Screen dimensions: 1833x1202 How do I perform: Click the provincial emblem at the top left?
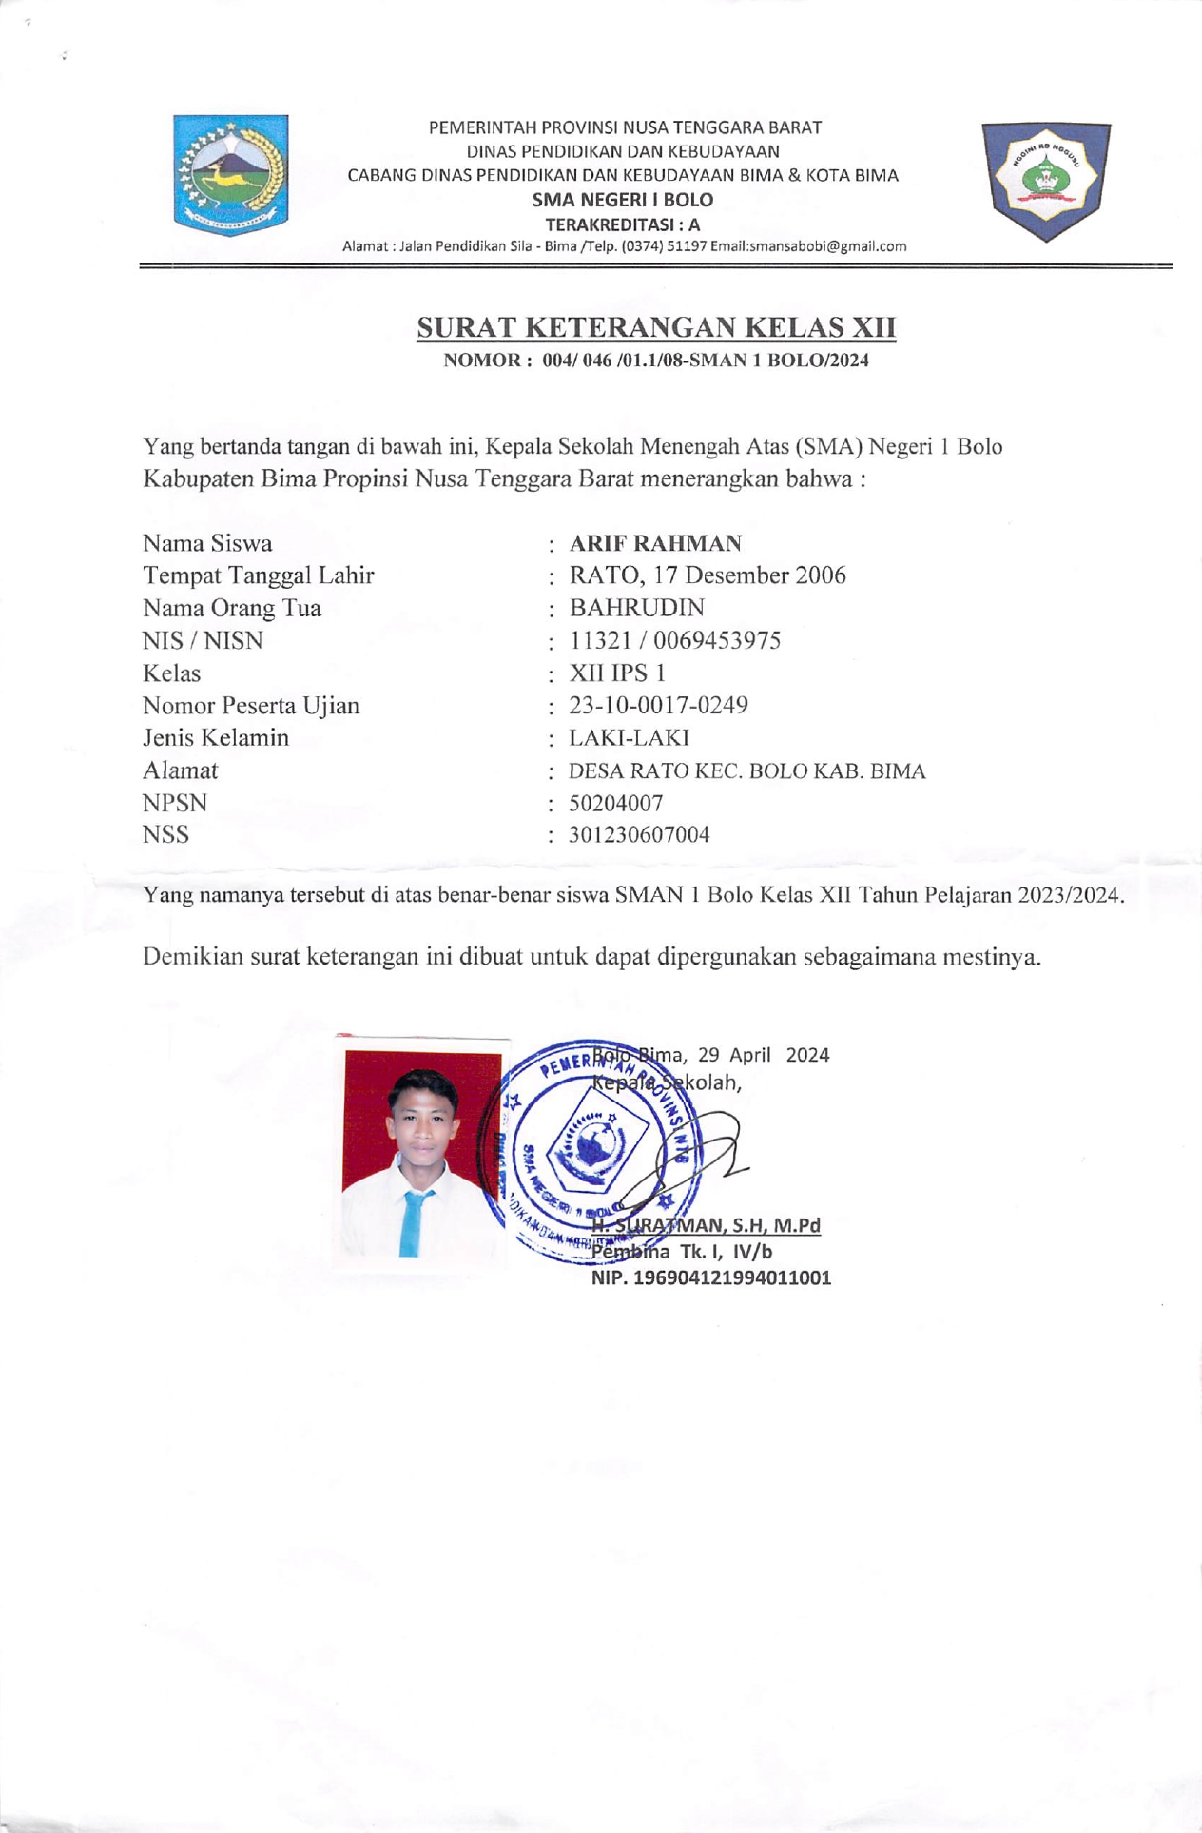pyautogui.click(x=230, y=175)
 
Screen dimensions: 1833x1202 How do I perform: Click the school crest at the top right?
pyautogui.click(x=1046, y=180)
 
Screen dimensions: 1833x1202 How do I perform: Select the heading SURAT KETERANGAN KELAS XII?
pyautogui.click(x=656, y=328)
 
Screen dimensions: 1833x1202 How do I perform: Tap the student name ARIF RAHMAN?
pyautogui.click(x=655, y=544)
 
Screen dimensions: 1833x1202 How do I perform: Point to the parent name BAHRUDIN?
pyautogui.click(x=637, y=608)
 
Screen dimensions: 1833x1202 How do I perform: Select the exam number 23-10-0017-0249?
pyautogui.click(x=658, y=706)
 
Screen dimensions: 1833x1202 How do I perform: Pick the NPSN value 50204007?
pyautogui.click(x=615, y=803)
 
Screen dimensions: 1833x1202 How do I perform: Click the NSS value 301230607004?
pyautogui.click(x=639, y=835)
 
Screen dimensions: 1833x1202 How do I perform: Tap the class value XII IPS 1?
pyautogui.click(x=617, y=673)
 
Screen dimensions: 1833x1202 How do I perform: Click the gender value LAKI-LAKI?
pyautogui.click(x=629, y=738)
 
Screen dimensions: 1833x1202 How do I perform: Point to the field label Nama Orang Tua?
pyautogui.click(x=232, y=608)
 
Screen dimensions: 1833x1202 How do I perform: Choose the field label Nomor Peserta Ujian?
pyautogui.click(x=251, y=706)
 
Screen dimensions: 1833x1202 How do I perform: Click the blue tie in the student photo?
pyautogui.click(x=412, y=1222)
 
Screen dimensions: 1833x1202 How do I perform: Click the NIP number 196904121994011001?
pyautogui.click(x=711, y=1278)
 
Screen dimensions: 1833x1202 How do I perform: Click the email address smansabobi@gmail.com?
pyautogui.click(x=827, y=246)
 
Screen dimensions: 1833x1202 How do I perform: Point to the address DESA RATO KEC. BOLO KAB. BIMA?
pyautogui.click(x=746, y=771)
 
